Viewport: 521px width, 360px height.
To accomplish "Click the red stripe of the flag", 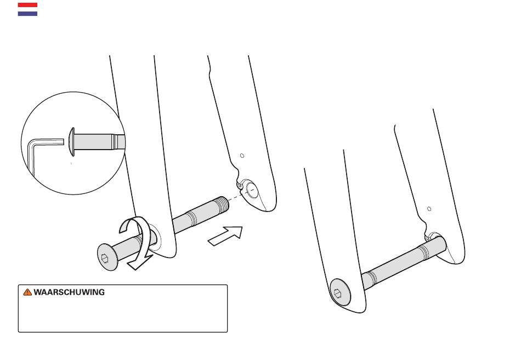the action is tap(27, 5).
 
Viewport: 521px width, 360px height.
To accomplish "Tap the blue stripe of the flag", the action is tap(27, 14).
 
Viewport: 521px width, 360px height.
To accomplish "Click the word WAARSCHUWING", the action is tap(69, 292).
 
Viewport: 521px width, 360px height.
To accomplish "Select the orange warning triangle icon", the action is tap(27, 292).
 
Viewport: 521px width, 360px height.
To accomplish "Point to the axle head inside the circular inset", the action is tap(71, 142).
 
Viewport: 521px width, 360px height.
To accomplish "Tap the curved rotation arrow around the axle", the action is tap(136, 242).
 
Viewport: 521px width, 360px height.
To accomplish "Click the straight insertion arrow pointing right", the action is tap(225, 236).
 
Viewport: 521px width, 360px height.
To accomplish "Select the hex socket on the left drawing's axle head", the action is tap(105, 258).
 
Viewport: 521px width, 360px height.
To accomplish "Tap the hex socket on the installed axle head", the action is tap(338, 294).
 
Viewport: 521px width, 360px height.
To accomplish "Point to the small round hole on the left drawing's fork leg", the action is tap(242, 156).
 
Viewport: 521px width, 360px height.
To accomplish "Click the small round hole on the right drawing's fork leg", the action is tap(429, 209).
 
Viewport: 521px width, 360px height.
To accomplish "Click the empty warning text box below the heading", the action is tap(123, 314).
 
